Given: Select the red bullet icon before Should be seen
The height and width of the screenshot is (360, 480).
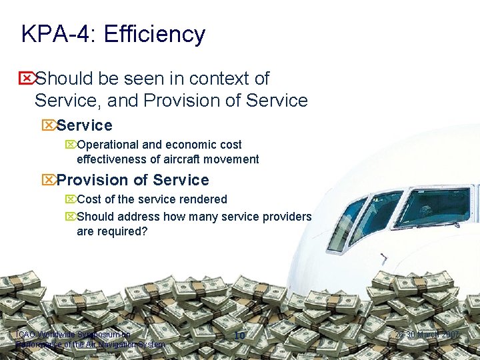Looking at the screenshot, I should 27,79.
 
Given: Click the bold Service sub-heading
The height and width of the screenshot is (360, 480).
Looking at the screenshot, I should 84,125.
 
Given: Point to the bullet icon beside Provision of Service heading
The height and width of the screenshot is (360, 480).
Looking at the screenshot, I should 48,180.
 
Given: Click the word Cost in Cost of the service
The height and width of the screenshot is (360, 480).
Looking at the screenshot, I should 90,199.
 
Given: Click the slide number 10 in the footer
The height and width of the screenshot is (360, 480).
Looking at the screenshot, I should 240,335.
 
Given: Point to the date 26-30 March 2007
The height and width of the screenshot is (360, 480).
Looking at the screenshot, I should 427,335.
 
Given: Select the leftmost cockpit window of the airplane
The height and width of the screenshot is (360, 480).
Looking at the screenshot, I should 345,223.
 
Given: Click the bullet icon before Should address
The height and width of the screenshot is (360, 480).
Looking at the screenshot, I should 71,217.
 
